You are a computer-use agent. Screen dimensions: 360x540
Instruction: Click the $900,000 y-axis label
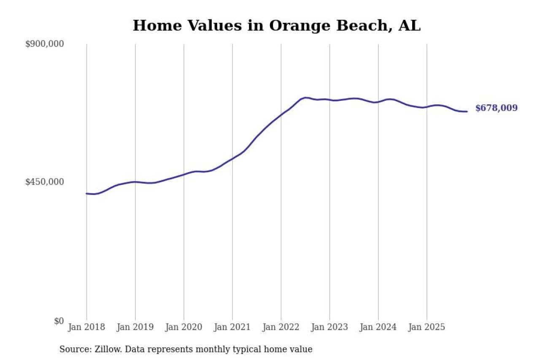click(x=44, y=44)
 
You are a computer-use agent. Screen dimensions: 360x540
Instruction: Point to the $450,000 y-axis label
click(x=44, y=182)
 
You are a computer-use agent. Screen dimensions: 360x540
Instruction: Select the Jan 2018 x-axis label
click(x=86, y=327)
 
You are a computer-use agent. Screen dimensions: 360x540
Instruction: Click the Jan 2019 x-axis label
click(x=135, y=327)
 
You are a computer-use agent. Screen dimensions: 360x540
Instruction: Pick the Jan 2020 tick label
click(x=184, y=327)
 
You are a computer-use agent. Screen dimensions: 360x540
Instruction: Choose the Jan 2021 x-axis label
click(x=232, y=327)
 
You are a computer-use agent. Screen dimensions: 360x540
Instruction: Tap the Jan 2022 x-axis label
click(x=281, y=327)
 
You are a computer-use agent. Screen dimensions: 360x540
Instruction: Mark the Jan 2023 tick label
click(x=329, y=327)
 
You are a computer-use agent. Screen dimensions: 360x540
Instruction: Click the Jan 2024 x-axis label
click(x=378, y=327)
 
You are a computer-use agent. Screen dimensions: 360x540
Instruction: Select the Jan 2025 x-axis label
click(x=427, y=327)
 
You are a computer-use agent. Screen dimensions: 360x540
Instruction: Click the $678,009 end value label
click(x=496, y=108)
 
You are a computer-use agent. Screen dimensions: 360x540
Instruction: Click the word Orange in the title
click(x=300, y=26)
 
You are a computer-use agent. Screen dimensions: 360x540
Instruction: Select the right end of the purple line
click(x=467, y=111)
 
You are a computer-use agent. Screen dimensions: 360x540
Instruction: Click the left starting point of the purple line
click(x=86, y=193)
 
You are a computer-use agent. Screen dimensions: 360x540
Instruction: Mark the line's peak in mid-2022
click(x=305, y=97)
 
